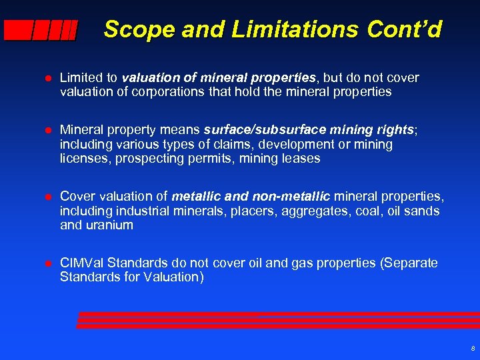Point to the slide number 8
[472, 349]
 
